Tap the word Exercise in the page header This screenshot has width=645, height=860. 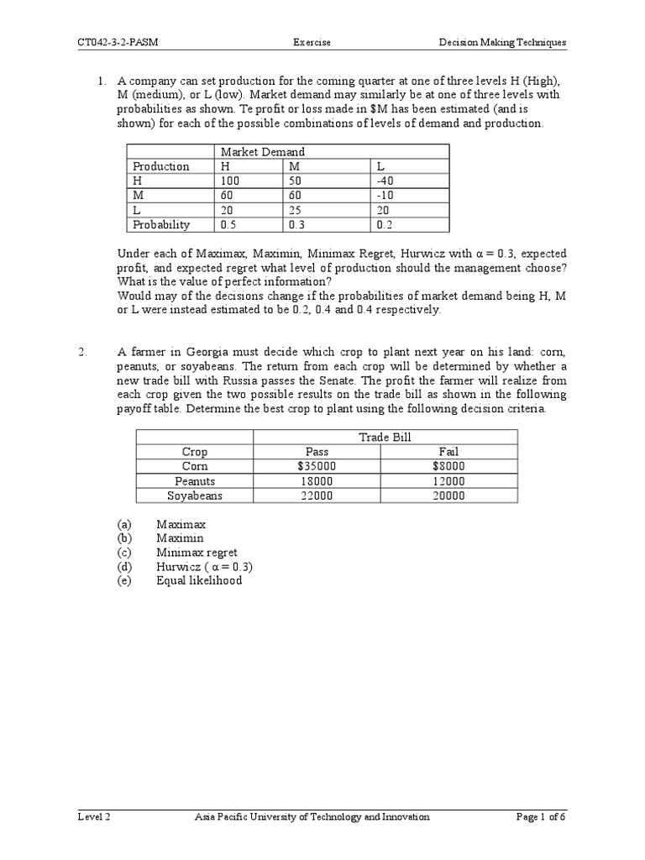coord(311,42)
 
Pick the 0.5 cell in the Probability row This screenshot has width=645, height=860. coord(229,225)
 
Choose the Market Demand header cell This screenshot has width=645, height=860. coord(262,151)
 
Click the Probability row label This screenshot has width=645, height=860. coord(161,225)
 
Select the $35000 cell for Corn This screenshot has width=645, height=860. coord(317,466)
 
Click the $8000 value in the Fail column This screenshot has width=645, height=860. coord(449,466)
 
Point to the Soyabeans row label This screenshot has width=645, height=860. coord(195,496)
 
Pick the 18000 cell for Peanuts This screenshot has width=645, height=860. coord(317,481)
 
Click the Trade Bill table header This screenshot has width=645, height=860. coord(385,437)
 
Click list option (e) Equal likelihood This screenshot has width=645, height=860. coord(199,580)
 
